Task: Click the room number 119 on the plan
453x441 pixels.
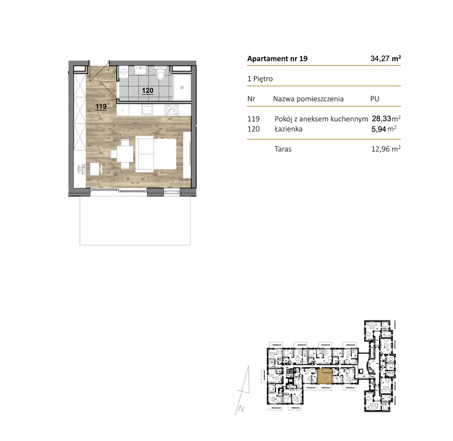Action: pos(100,106)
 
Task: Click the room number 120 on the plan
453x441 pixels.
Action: pos(148,90)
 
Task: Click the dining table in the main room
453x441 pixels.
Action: pos(123,154)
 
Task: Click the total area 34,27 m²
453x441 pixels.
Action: pos(385,59)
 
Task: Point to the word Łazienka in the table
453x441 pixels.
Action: pos(288,129)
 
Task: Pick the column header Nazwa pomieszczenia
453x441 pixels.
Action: pos(308,99)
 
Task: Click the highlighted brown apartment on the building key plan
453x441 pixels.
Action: pos(325,377)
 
